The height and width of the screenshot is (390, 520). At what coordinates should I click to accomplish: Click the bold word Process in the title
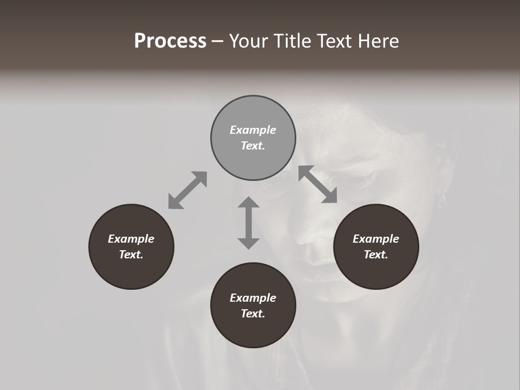click(x=170, y=41)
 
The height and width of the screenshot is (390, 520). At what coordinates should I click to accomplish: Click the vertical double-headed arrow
click(x=249, y=223)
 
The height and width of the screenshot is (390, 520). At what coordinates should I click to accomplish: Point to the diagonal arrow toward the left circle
click(x=187, y=190)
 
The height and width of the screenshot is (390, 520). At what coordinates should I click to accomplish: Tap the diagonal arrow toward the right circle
click(x=318, y=184)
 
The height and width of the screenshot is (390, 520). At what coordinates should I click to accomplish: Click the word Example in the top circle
click(x=253, y=130)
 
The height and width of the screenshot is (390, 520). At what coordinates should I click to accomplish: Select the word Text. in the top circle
click(x=253, y=146)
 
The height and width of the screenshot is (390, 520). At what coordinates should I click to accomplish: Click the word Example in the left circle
click(x=131, y=239)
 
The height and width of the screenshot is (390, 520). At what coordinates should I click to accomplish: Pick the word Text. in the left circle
click(x=131, y=255)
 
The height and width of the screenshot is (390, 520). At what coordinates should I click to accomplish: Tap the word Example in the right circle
click(x=376, y=239)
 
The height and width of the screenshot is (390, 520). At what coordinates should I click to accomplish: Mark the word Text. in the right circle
click(x=376, y=255)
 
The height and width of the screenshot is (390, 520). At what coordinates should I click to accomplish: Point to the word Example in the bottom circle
click(x=253, y=298)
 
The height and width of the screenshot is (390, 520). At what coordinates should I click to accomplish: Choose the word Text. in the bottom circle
click(x=253, y=314)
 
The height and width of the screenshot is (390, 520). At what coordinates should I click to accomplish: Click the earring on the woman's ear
click(x=441, y=198)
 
